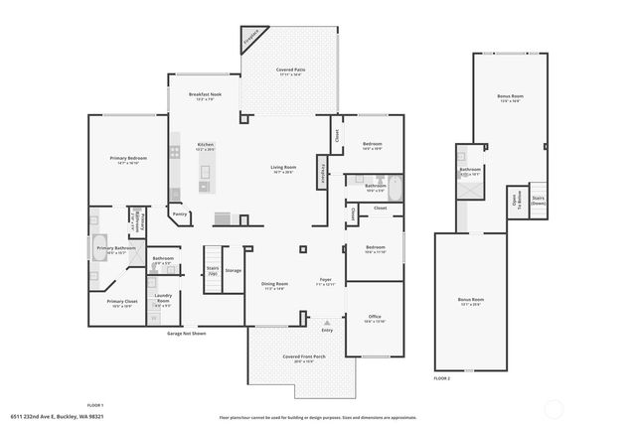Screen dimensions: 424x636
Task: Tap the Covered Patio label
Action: click(290, 71)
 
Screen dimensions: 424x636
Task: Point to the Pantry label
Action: click(179, 213)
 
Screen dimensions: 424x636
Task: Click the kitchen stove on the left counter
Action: click(175, 152)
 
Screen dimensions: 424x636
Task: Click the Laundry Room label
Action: click(162, 300)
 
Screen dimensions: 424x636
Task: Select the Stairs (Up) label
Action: click(212, 269)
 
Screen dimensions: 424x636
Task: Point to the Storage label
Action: click(234, 270)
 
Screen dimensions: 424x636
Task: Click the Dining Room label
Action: click(274, 286)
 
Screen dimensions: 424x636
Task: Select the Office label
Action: click(374, 319)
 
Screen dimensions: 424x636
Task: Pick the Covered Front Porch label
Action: click(299, 358)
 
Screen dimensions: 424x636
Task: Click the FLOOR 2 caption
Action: click(441, 378)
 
